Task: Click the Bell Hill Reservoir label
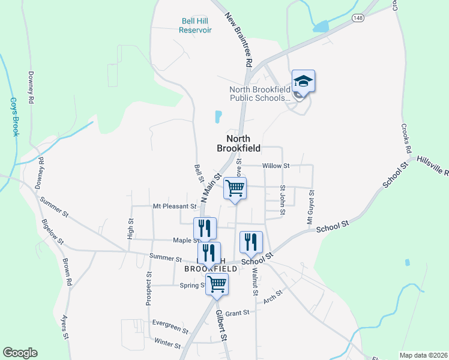coord(196,25)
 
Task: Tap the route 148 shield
coord(358,17)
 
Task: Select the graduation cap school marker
coord(303,82)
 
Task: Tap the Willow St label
coord(276,166)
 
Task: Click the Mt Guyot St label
coord(311,208)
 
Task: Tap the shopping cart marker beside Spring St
coord(217,284)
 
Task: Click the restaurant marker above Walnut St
coord(251,242)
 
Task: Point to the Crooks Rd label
coord(408,139)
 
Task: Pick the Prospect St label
coord(148,287)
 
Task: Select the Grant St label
coord(237,313)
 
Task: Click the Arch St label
coord(273,295)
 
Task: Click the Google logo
coord(20,353)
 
